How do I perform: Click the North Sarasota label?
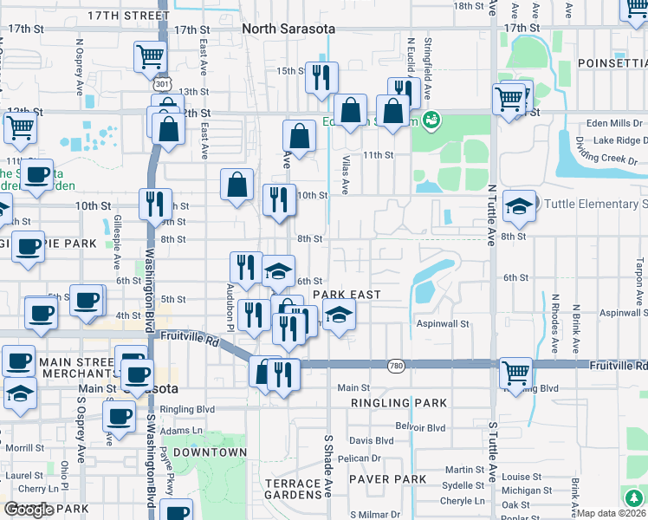(288, 29)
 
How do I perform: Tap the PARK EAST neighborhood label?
(347, 295)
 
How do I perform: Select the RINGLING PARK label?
(399, 403)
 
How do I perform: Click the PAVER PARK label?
(388, 479)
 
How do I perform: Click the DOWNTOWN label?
(210, 452)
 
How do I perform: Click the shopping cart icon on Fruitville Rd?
(515, 374)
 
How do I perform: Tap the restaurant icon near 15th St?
(322, 77)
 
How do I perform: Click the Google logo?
(29, 510)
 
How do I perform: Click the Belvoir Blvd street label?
(420, 427)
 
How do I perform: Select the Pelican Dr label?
(360, 458)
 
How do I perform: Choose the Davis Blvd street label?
(371, 440)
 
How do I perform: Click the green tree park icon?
(634, 497)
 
